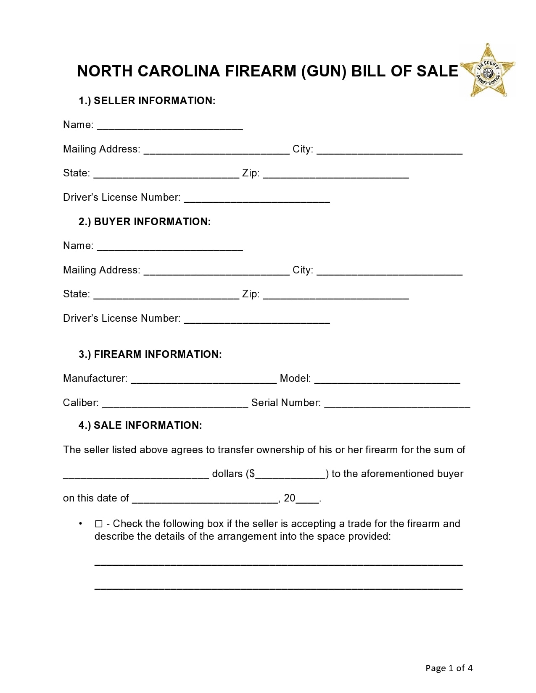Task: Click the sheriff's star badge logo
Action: pos(488,71)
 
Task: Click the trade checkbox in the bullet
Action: pos(99,524)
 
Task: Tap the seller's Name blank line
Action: pos(170,126)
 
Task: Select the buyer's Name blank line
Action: pos(170,247)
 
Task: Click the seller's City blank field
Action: pos(389,150)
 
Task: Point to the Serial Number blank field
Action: pos(397,404)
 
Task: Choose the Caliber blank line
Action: pos(175,404)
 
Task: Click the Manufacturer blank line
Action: pos(203,380)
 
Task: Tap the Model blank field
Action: pos(387,380)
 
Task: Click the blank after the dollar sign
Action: pos(290,475)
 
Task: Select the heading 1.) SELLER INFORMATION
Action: pos(147,101)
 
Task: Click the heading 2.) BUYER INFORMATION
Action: pos(145,222)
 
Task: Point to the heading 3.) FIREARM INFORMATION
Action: pos(150,354)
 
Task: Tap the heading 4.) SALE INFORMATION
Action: pos(140,425)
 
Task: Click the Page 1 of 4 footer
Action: pos(449,668)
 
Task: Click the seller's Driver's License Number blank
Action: pos(257,199)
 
